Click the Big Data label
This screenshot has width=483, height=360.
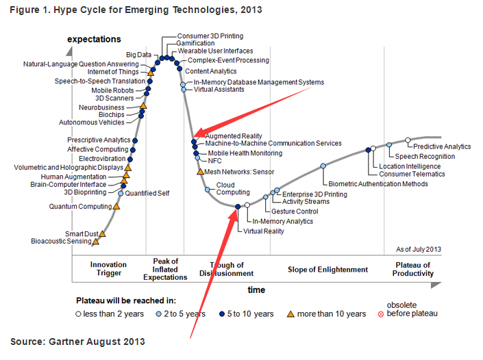point(139,54)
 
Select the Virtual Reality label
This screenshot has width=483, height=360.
point(264,231)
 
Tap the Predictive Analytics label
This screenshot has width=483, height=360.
point(443,146)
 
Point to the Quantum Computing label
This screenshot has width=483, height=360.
point(80,206)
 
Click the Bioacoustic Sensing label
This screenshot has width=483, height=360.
point(61,241)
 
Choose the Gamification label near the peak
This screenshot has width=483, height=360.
point(195,43)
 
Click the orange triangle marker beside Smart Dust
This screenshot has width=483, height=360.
point(103,233)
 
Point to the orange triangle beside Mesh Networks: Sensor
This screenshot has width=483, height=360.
point(199,171)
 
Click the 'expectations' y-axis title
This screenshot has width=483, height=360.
point(94,40)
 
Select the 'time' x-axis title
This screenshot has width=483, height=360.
point(256,290)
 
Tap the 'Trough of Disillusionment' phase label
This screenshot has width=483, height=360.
point(227,270)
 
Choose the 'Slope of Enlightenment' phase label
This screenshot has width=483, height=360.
point(328,270)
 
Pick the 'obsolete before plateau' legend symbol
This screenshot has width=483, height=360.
point(382,314)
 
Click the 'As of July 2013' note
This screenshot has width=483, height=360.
point(419,249)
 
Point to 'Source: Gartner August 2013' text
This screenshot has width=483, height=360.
point(77,341)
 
